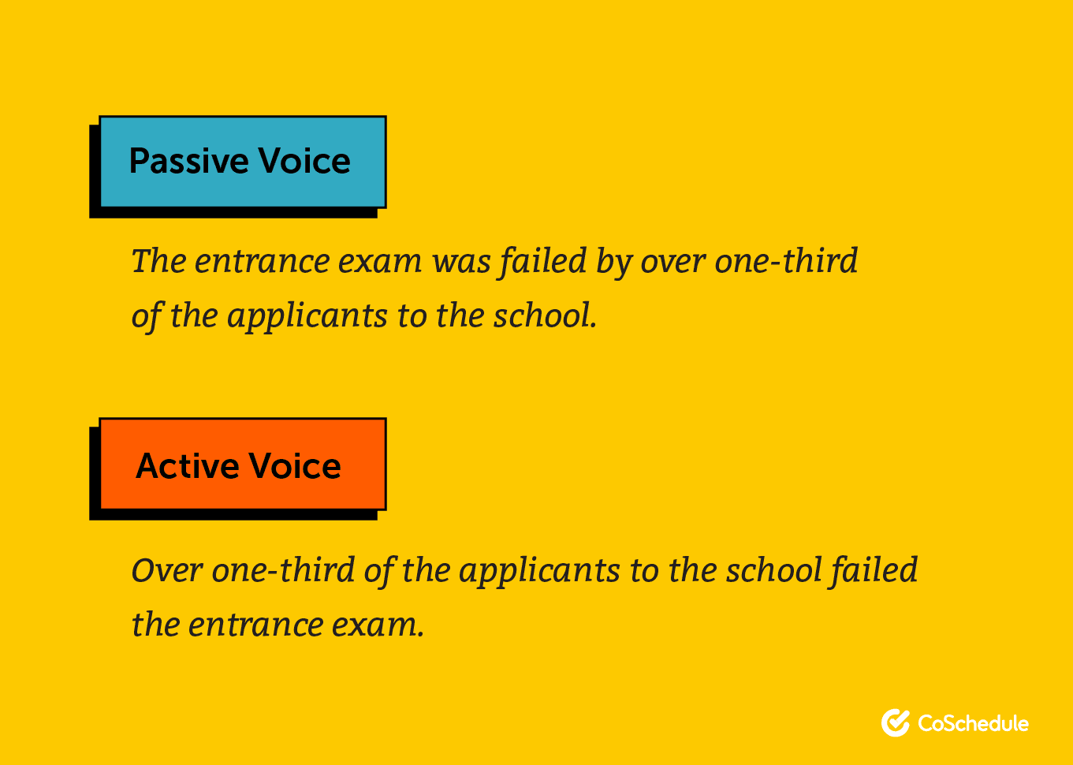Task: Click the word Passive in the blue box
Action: (x=188, y=162)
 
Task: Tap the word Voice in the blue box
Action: (x=304, y=160)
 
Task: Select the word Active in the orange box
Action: (x=188, y=466)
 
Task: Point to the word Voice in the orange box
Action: (x=295, y=466)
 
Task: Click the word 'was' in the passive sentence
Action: (x=461, y=262)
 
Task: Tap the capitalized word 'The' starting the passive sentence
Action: (x=158, y=261)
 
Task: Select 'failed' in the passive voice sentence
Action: (x=542, y=262)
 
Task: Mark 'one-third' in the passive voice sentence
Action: (x=785, y=261)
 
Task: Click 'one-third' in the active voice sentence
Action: (x=283, y=570)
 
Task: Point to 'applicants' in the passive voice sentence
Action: (x=307, y=317)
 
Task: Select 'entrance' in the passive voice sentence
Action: (x=262, y=262)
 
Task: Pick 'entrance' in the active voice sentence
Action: (x=255, y=625)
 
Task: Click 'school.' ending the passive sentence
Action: (x=545, y=316)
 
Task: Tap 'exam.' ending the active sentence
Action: (x=378, y=626)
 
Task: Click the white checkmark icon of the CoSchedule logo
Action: (x=896, y=723)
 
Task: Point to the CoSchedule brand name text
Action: (x=973, y=723)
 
